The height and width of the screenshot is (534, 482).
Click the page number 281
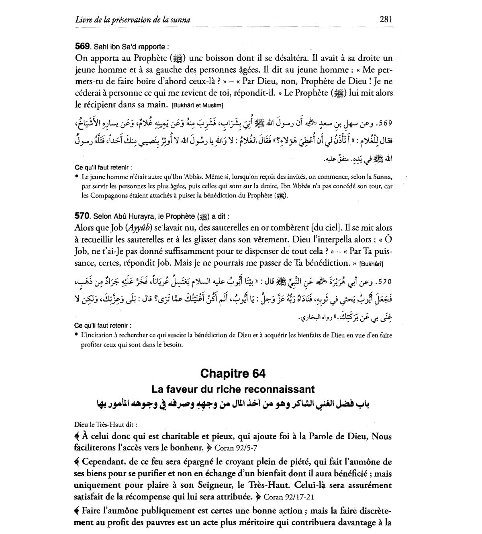[x=385, y=19]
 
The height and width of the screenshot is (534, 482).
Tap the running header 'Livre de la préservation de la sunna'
[x=133, y=19]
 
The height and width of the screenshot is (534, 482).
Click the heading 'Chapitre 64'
[x=233, y=373]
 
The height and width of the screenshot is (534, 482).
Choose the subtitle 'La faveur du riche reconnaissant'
[x=233, y=389]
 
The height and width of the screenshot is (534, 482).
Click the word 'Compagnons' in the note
[x=101, y=196]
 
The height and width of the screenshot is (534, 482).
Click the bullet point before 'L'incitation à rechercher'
[x=76, y=335]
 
